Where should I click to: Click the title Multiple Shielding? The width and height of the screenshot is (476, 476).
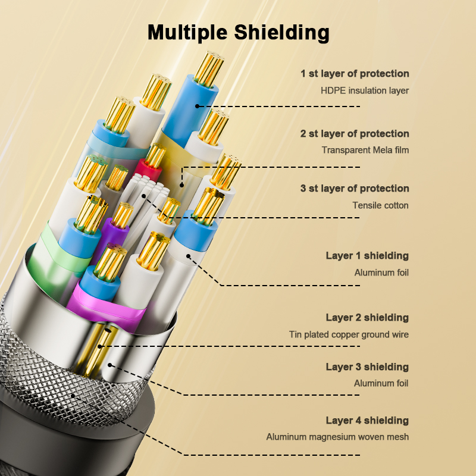[238, 32]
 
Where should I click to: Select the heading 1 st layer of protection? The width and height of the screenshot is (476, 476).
[355, 74]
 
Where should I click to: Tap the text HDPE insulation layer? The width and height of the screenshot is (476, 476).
[365, 90]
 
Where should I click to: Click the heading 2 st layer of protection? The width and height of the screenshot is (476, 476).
[355, 133]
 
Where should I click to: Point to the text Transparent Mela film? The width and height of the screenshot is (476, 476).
[365, 150]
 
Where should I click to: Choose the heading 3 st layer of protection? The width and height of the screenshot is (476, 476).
[355, 188]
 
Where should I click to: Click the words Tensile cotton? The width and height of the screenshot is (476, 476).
[381, 205]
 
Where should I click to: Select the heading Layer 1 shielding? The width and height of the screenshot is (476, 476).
[367, 256]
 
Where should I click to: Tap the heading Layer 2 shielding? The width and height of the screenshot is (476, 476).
[367, 317]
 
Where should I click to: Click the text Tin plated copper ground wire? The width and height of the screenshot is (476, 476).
[349, 334]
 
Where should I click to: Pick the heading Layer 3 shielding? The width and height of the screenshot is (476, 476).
[367, 367]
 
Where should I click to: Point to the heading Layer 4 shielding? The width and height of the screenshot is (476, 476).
[367, 421]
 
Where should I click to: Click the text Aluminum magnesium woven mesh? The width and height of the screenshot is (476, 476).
[337, 437]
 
